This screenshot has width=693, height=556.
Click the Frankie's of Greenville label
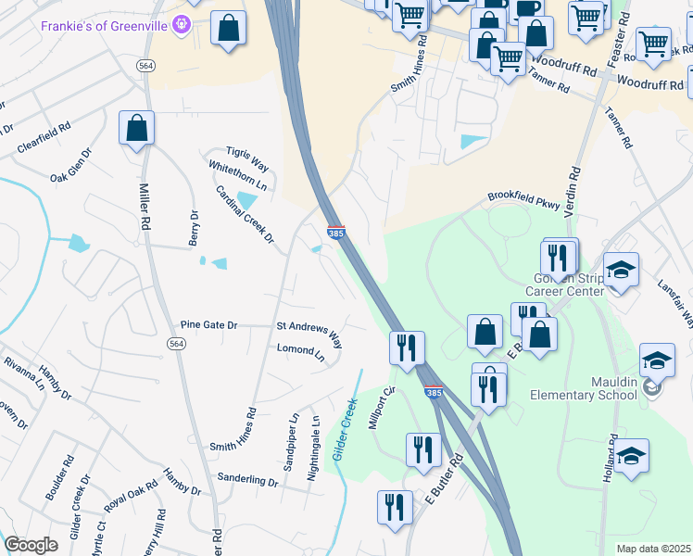(x=105, y=25)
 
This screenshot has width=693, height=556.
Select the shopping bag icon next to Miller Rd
(x=136, y=130)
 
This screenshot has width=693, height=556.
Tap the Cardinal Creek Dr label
(x=246, y=214)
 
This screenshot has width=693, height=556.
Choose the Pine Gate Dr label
(x=209, y=325)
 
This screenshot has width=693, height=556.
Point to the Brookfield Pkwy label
(x=524, y=200)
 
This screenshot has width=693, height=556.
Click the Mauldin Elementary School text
(x=584, y=387)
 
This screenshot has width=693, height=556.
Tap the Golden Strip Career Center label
(x=567, y=284)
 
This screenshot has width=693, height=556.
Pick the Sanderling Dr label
(x=247, y=481)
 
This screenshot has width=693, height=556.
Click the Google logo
(x=31, y=544)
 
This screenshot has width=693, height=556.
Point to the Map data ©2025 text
(x=653, y=549)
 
